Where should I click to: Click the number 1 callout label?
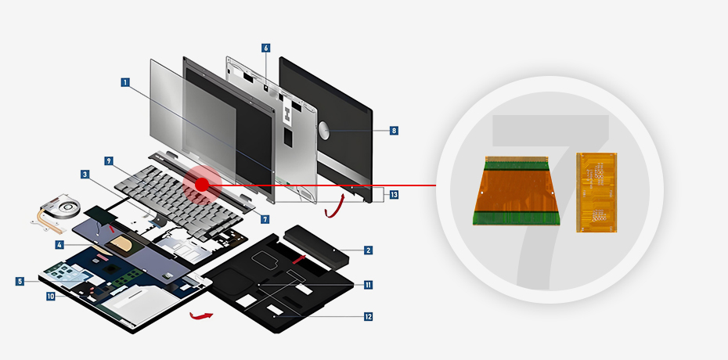pyautogui.click(x=125, y=82)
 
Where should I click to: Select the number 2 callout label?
pyautogui.click(x=368, y=250)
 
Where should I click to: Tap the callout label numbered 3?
pyautogui.click(x=85, y=175)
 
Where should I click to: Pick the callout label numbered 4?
pyautogui.click(x=59, y=244)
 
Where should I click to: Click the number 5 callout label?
pyautogui.click(x=20, y=281)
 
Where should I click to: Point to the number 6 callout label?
pyautogui.click(x=265, y=48)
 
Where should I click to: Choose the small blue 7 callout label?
pyautogui.click(x=265, y=219)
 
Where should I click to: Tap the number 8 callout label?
pyautogui.click(x=394, y=131)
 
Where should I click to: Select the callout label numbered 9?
pyautogui.click(x=109, y=161)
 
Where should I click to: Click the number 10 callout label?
pyautogui.click(x=51, y=296)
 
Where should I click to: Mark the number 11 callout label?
pyautogui.click(x=368, y=285)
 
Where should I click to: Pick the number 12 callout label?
pyautogui.click(x=368, y=317)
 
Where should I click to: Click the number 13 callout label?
pyautogui.click(x=394, y=195)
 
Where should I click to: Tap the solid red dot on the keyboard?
pyautogui.click(x=201, y=185)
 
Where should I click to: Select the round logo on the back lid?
pyautogui.click(x=325, y=131)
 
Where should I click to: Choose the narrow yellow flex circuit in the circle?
pyautogui.click(x=596, y=192)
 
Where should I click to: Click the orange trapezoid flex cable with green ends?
pyautogui.click(x=517, y=191)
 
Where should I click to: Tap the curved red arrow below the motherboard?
pyautogui.click(x=201, y=316)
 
